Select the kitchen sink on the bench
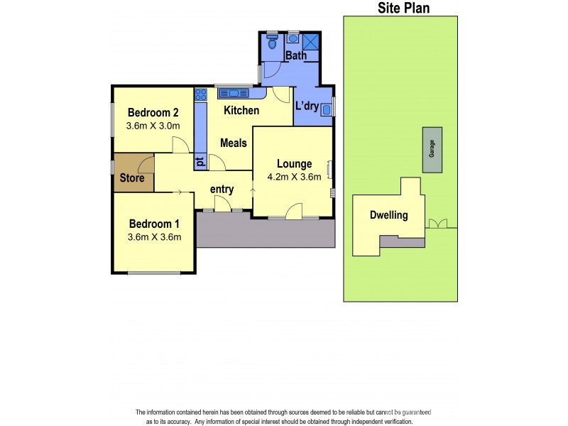click(234, 92)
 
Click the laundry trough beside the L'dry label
click(327, 109)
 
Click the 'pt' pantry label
click(200, 161)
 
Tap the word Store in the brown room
click(131, 178)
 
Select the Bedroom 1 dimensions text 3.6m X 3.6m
click(153, 237)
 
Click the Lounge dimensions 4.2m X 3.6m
click(294, 177)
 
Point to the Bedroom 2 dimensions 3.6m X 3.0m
click(153, 126)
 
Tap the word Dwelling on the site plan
click(389, 215)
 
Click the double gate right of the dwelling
click(439, 224)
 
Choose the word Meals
click(233, 143)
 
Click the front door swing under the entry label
click(223, 204)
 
